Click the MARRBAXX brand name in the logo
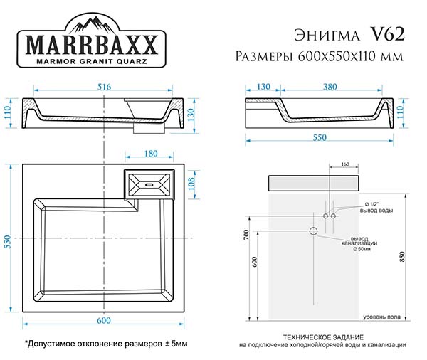tap(92, 45)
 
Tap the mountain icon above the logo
tap(92, 24)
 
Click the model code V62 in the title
tap(387, 34)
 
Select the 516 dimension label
tap(105, 87)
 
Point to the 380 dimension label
tap(330, 87)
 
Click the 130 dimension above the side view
tap(263, 87)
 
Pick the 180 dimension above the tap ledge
tap(151, 154)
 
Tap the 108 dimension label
tap(191, 184)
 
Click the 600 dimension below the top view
tap(104, 321)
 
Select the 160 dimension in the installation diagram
tap(344, 164)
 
